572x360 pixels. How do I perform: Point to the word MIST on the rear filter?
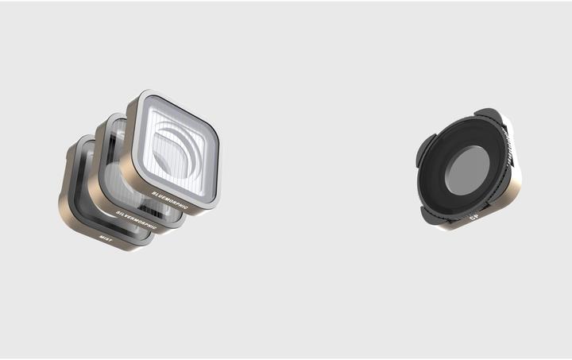click(x=106, y=236)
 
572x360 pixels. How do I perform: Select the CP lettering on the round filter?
click(x=473, y=216)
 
